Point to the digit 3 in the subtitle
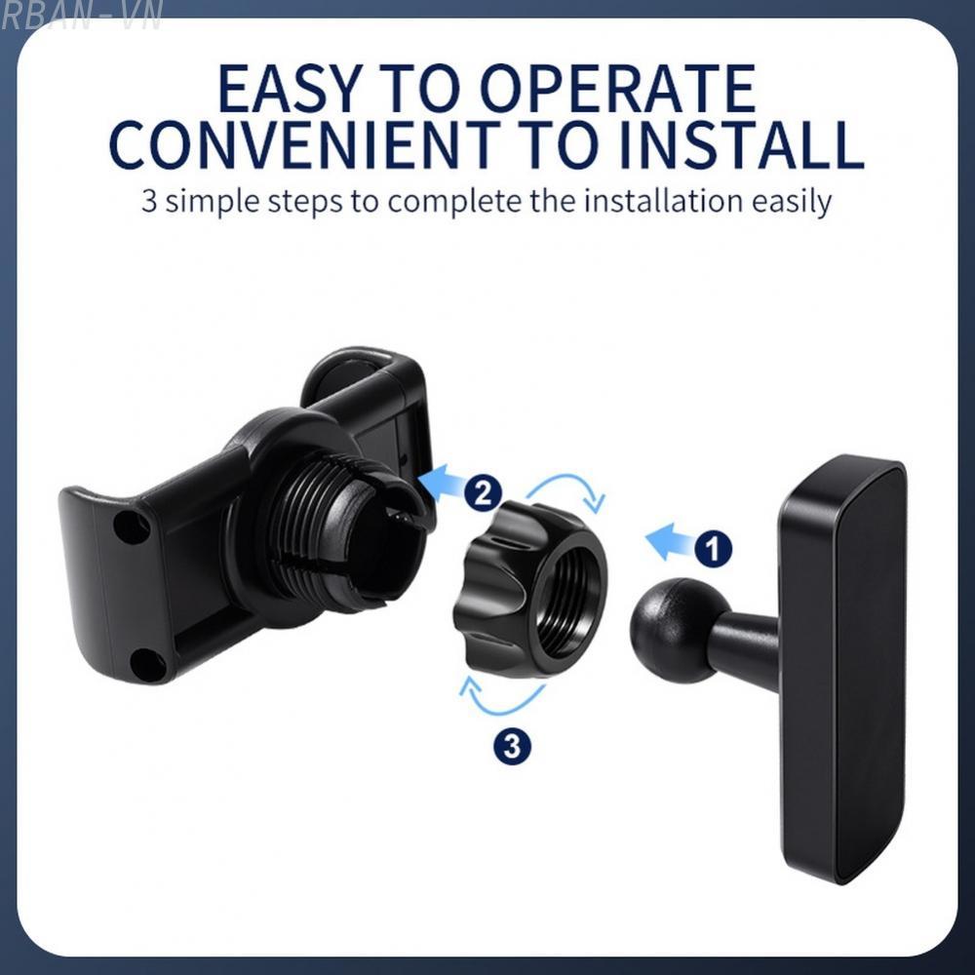point(149,202)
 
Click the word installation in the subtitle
point(659,202)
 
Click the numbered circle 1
point(713,549)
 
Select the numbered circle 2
point(484,492)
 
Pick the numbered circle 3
point(513,747)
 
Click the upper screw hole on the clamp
point(131,527)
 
